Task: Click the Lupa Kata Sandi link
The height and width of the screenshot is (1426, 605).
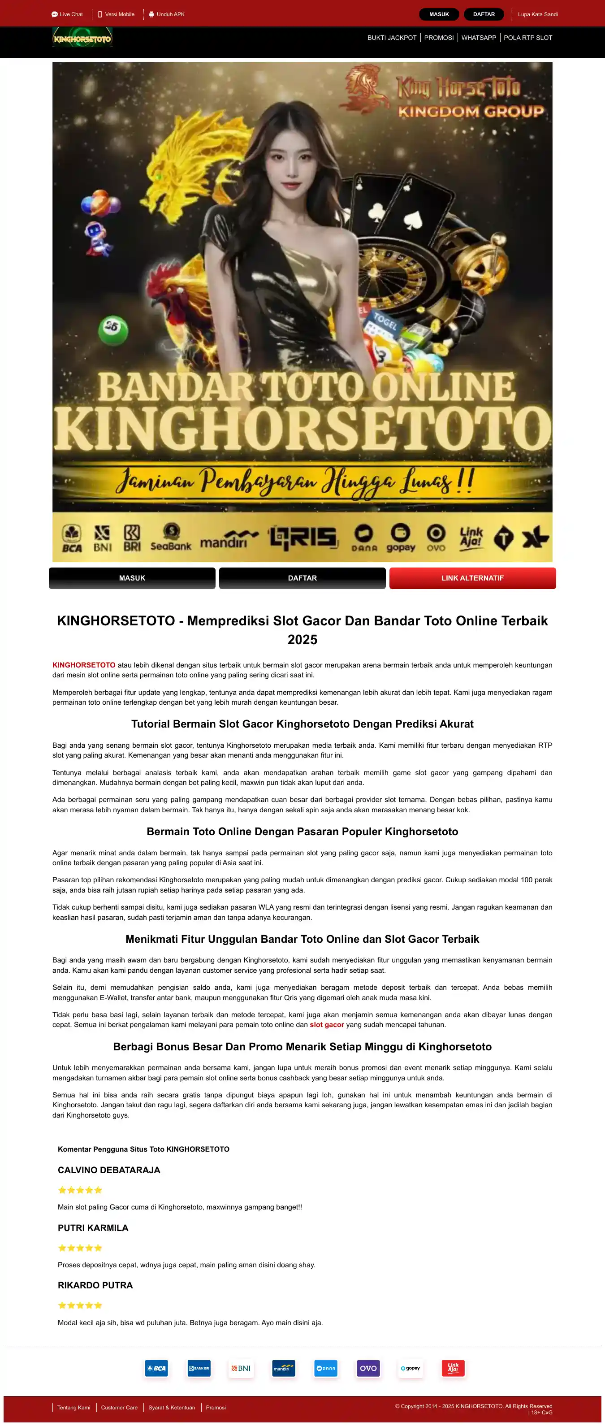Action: pos(537,14)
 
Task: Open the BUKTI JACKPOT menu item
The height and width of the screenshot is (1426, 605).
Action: pos(391,38)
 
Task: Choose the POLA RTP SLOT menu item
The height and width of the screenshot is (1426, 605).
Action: pos(527,38)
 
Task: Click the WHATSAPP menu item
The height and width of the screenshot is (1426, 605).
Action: pos(478,38)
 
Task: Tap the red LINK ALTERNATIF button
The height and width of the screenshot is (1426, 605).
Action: pos(472,578)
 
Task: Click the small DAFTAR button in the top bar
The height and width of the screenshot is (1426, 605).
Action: pos(483,14)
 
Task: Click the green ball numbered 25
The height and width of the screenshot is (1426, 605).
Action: pos(113,329)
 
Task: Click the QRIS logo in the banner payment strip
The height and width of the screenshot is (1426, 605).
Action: pos(303,537)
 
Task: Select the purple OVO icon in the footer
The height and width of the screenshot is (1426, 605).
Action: pos(368,1368)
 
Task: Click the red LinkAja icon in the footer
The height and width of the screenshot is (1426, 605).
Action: pos(453,1368)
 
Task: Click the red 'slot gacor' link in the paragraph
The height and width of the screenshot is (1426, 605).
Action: pos(327,1025)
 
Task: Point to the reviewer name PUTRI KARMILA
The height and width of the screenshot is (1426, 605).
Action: pos(93,1228)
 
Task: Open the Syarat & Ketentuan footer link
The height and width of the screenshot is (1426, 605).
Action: pos(172,1407)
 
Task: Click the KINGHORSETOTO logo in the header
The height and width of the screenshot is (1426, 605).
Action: pos(82,38)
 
